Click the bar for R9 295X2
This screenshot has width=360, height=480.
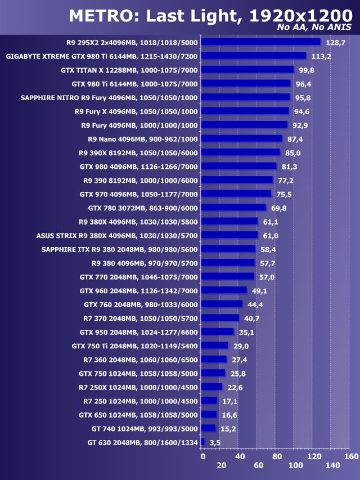click(260, 42)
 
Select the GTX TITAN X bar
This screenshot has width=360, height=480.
click(247, 70)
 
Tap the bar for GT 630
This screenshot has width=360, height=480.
click(202, 443)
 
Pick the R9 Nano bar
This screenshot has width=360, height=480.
click(241, 138)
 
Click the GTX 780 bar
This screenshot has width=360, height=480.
click(233, 208)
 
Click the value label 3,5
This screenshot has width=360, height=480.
click(214, 443)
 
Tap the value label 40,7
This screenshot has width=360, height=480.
click(252, 318)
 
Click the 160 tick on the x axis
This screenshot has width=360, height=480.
click(352, 456)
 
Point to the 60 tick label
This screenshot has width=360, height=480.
click(259, 465)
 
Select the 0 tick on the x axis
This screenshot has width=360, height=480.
click(202, 456)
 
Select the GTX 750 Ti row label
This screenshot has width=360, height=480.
click(135, 346)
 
